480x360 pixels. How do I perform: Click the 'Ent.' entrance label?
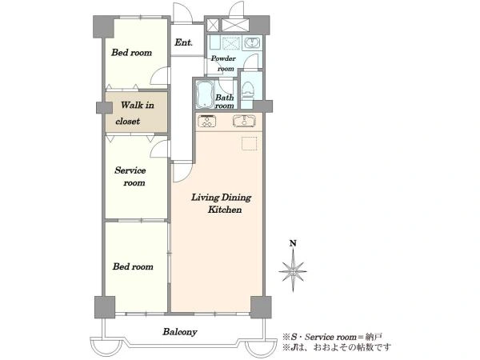183,42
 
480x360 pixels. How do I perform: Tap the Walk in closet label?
135,114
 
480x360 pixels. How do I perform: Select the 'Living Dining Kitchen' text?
222,203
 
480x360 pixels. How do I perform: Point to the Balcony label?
180,332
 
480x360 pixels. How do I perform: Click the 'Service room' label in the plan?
130,176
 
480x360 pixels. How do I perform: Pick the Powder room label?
223,63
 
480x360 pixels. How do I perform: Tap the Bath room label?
225,102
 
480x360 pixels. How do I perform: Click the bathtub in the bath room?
205,94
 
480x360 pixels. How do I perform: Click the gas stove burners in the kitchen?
207,121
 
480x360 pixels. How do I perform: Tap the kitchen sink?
244,121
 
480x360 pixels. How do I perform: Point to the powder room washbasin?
253,43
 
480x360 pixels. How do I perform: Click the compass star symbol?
293,271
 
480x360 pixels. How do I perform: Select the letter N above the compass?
294,244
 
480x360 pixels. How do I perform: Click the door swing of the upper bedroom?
159,75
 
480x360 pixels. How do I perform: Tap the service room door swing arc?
159,149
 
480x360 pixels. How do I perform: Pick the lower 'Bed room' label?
133,266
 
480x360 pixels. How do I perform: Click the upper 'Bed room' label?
132,53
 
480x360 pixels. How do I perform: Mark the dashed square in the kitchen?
250,143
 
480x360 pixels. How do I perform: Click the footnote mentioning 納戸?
333,337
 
